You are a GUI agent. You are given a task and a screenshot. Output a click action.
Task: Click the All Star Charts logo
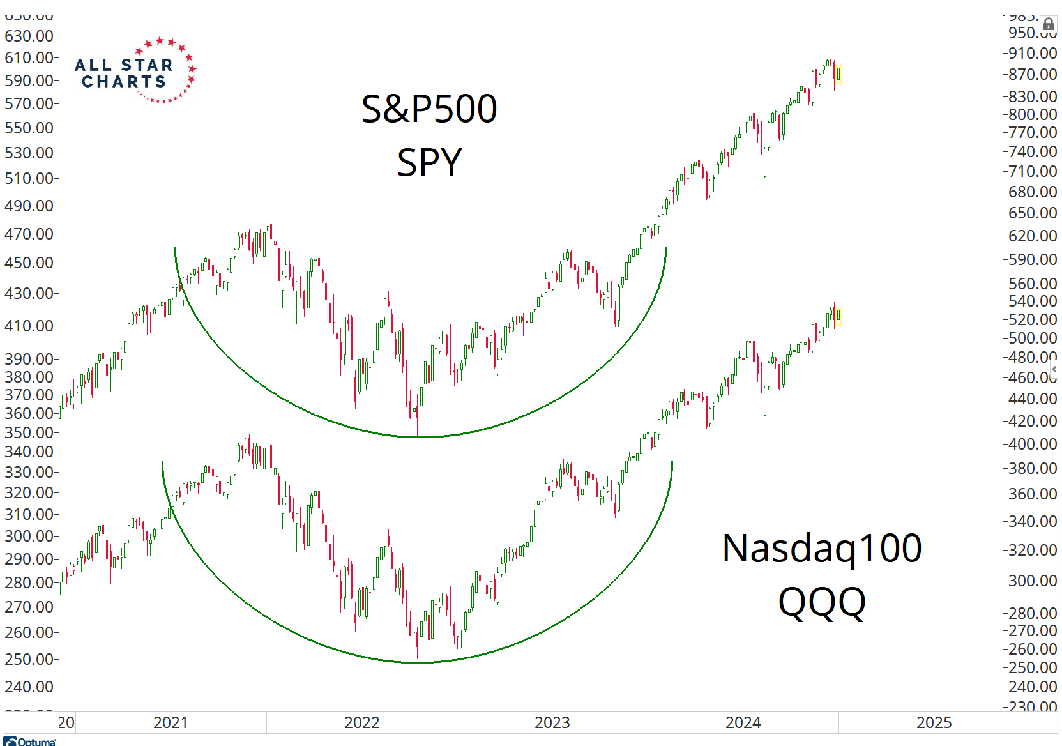(x=135, y=71)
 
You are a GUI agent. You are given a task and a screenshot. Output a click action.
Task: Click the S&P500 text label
(x=429, y=109)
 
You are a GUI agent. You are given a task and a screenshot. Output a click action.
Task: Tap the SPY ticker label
(x=429, y=162)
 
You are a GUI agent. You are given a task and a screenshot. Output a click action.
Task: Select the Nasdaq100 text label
(x=821, y=548)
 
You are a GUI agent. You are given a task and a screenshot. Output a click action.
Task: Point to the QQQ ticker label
(x=821, y=602)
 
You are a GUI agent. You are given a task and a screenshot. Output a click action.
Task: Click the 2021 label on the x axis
(x=171, y=722)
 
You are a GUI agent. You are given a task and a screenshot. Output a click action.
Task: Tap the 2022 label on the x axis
(x=361, y=722)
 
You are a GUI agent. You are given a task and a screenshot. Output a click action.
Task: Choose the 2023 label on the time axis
(x=552, y=722)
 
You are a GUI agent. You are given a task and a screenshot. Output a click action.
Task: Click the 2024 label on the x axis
(x=743, y=722)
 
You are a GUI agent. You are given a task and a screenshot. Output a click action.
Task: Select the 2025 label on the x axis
(x=934, y=722)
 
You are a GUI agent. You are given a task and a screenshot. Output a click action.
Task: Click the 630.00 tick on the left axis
(x=29, y=36)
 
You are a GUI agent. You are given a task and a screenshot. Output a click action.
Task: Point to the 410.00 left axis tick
(x=29, y=326)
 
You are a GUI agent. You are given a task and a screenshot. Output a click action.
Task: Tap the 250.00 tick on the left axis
(x=29, y=659)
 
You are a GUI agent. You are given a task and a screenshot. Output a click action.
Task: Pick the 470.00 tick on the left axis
(x=29, y=234)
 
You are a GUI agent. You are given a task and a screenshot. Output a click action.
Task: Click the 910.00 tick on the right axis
(x=1032, y=53)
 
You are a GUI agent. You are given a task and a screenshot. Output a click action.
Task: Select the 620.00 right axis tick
(x=1032, y=236)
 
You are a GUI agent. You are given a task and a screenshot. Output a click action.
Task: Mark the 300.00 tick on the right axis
(x=1032, y=581)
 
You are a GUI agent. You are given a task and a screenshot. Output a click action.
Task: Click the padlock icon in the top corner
(x=1048, y=25)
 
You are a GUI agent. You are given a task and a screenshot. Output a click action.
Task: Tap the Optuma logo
(x=30, y=741)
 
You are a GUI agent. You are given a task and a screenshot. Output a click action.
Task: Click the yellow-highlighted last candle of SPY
(x=838, y=74)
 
